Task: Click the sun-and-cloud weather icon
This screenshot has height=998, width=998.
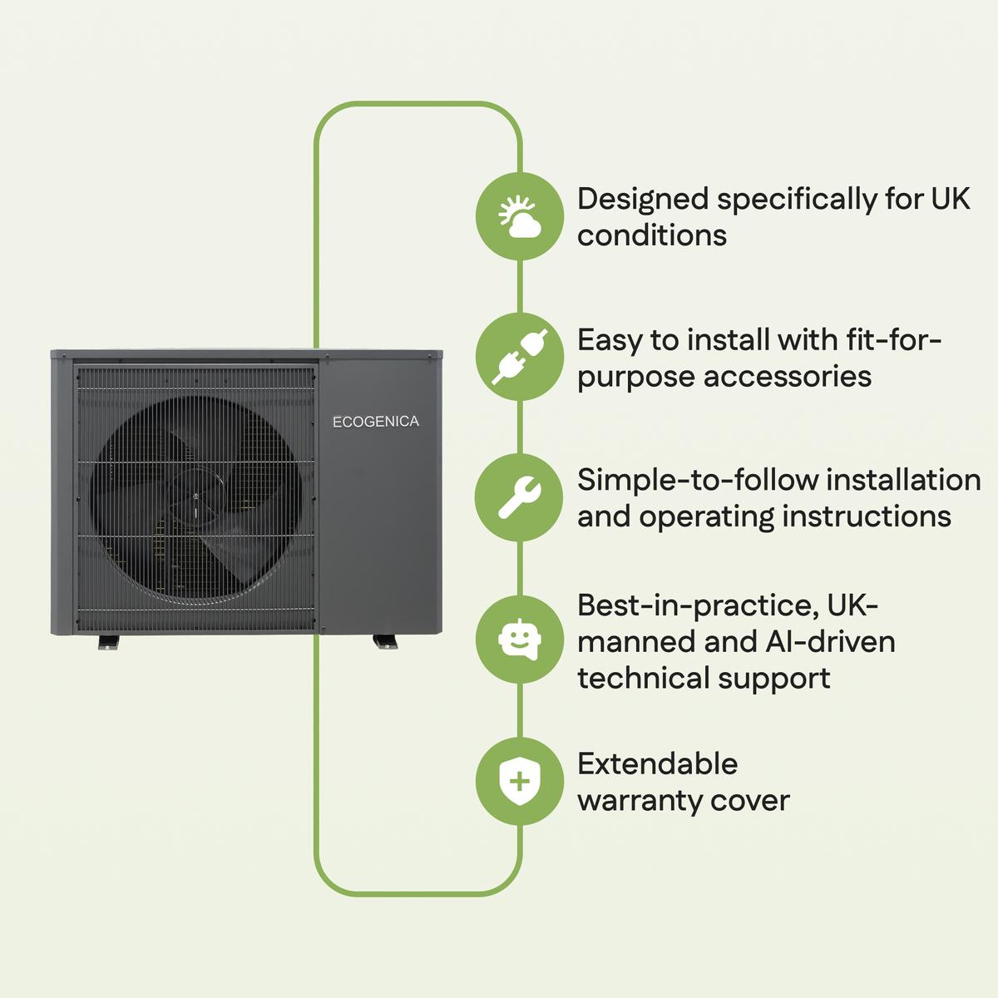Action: click(x=520, y=216)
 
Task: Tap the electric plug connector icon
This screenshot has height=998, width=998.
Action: click(x=520, y=357)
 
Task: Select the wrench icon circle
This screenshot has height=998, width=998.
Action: click(x=520, y=497)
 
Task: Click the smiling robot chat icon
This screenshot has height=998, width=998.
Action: click(x=520, y=639)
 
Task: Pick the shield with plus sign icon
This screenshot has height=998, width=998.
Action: click(x=520, y=781)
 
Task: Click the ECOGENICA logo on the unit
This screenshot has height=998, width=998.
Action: click(x=375, y=422)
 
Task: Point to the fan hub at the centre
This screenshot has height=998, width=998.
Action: click(x=195, y=497)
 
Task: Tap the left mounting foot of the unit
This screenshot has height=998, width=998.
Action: click(x=108, y=642)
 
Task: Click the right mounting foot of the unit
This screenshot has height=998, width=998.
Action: click(x=385, y=642)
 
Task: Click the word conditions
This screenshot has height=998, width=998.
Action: click(x=652, y=235)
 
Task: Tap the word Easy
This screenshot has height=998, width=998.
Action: click(x=609, y=341)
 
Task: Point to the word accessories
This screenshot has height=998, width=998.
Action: click(x=788, y=377)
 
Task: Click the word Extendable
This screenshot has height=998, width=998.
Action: click(x=658, y=764)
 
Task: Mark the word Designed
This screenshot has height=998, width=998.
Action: click(x=643, y=200)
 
